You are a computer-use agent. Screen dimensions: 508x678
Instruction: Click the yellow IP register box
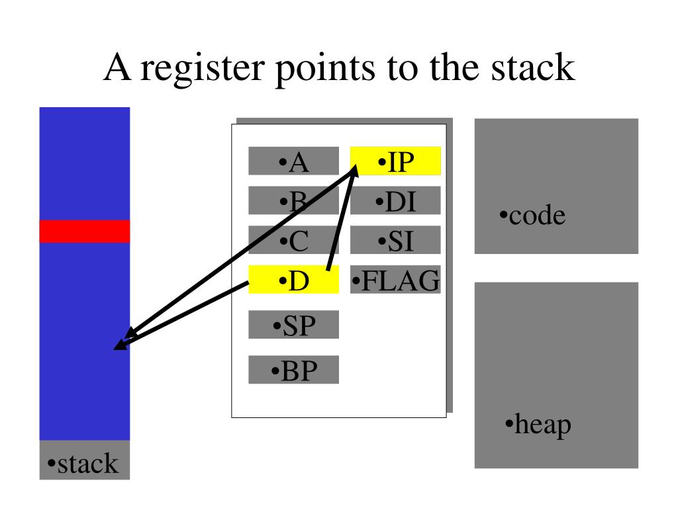pyautogui.click(x=395, y=161)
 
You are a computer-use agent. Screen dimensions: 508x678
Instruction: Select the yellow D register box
pyautogui.click(x=293, y=280)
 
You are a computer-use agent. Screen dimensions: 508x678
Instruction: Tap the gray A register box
pyautogui.click(x=293, y=161)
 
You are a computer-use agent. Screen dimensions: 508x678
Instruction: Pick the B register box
pyautogui.click(x=293, y=200)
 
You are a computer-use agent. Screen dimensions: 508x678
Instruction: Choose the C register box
pyautogui.click(x=293, y=240)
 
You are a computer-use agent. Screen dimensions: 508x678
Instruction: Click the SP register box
pyautogui.click(x=293, y=325)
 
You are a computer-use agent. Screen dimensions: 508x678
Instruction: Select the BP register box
pyautogui.click(x=293, y=370)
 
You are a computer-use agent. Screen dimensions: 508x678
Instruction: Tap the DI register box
pyautogui.click(x=395, y=200)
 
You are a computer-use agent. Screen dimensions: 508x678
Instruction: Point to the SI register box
pyautogui.click(x=395, y=240)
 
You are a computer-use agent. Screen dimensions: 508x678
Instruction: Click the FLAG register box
pyautogui.click(x=395, y=280)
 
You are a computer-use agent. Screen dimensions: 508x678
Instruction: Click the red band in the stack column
pyautogui.click(x=85, y=231)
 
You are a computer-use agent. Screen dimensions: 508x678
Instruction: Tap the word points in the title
pyautogui.click(x=325, y=67)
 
